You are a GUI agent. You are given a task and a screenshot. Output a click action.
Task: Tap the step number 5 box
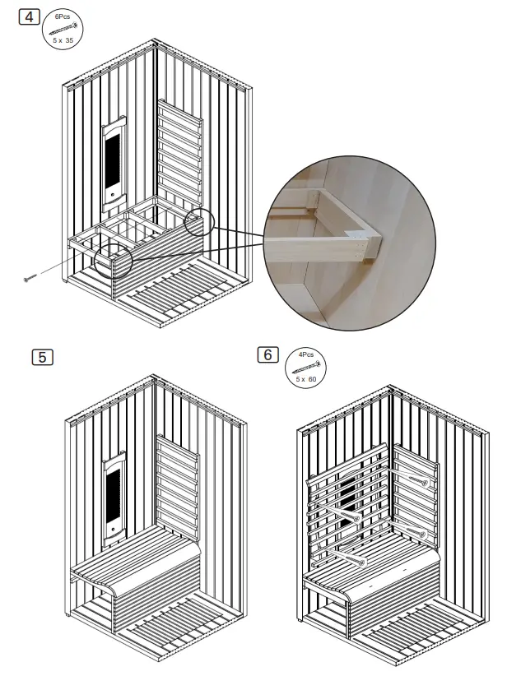pos(42,357)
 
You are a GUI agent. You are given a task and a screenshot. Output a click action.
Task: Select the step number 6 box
pos(267,354)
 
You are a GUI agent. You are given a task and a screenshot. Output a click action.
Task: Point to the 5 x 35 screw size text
pos(63,39)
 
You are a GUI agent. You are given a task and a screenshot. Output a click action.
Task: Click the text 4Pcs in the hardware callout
pos(306,354)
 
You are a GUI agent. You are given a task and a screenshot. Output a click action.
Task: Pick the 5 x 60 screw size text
pos(306,379)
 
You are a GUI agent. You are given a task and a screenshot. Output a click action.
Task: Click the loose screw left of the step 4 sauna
pos(30,279)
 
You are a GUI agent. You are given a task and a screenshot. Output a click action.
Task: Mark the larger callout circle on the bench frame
pos(114,261)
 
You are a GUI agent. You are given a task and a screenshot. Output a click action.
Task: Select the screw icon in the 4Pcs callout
pos(306,367)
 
